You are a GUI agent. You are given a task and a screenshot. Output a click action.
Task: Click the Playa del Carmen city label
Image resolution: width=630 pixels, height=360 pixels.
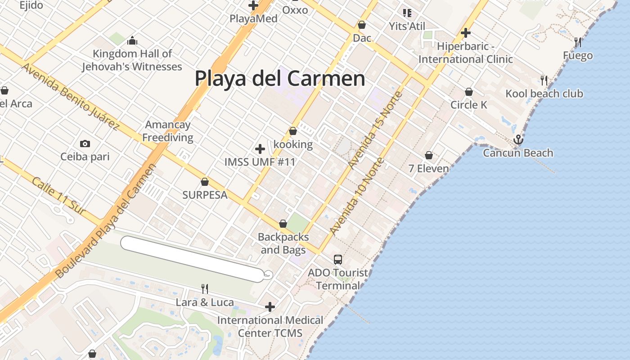279,78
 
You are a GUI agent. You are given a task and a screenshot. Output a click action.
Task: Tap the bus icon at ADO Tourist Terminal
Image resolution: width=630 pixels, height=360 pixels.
338,260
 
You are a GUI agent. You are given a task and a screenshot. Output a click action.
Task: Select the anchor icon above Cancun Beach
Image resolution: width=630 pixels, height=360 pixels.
519,139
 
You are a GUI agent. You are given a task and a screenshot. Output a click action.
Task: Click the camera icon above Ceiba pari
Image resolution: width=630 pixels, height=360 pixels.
85,144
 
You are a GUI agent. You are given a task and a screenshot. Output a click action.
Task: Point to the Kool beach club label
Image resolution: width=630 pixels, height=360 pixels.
544,94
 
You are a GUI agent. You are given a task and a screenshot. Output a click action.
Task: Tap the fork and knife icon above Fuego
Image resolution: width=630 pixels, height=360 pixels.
578,42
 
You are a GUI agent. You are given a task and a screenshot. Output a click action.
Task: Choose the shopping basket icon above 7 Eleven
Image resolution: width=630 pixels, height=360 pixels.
429,155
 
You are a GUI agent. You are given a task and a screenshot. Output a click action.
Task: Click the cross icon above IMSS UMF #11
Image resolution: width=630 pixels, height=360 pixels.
260,149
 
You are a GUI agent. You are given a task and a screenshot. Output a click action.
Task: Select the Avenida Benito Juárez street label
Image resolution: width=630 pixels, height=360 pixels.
71,96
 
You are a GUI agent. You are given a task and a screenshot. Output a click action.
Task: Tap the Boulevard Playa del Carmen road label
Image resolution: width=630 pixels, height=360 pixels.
106,220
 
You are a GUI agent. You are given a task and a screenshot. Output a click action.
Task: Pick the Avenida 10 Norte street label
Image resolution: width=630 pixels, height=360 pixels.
357,196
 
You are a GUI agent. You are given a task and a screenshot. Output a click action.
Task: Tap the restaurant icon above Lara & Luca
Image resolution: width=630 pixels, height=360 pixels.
205,288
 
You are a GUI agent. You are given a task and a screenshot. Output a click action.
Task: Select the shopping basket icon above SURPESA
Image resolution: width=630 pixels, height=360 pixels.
205,182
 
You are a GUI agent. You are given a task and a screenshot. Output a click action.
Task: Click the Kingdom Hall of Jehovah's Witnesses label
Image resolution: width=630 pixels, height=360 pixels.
132,60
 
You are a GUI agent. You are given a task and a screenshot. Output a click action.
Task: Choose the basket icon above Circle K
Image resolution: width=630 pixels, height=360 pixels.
469,92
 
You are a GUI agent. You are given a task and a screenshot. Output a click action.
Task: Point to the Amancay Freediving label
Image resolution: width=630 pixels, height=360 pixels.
168,131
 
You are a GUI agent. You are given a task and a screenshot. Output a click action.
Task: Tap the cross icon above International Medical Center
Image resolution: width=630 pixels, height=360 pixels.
270,307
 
